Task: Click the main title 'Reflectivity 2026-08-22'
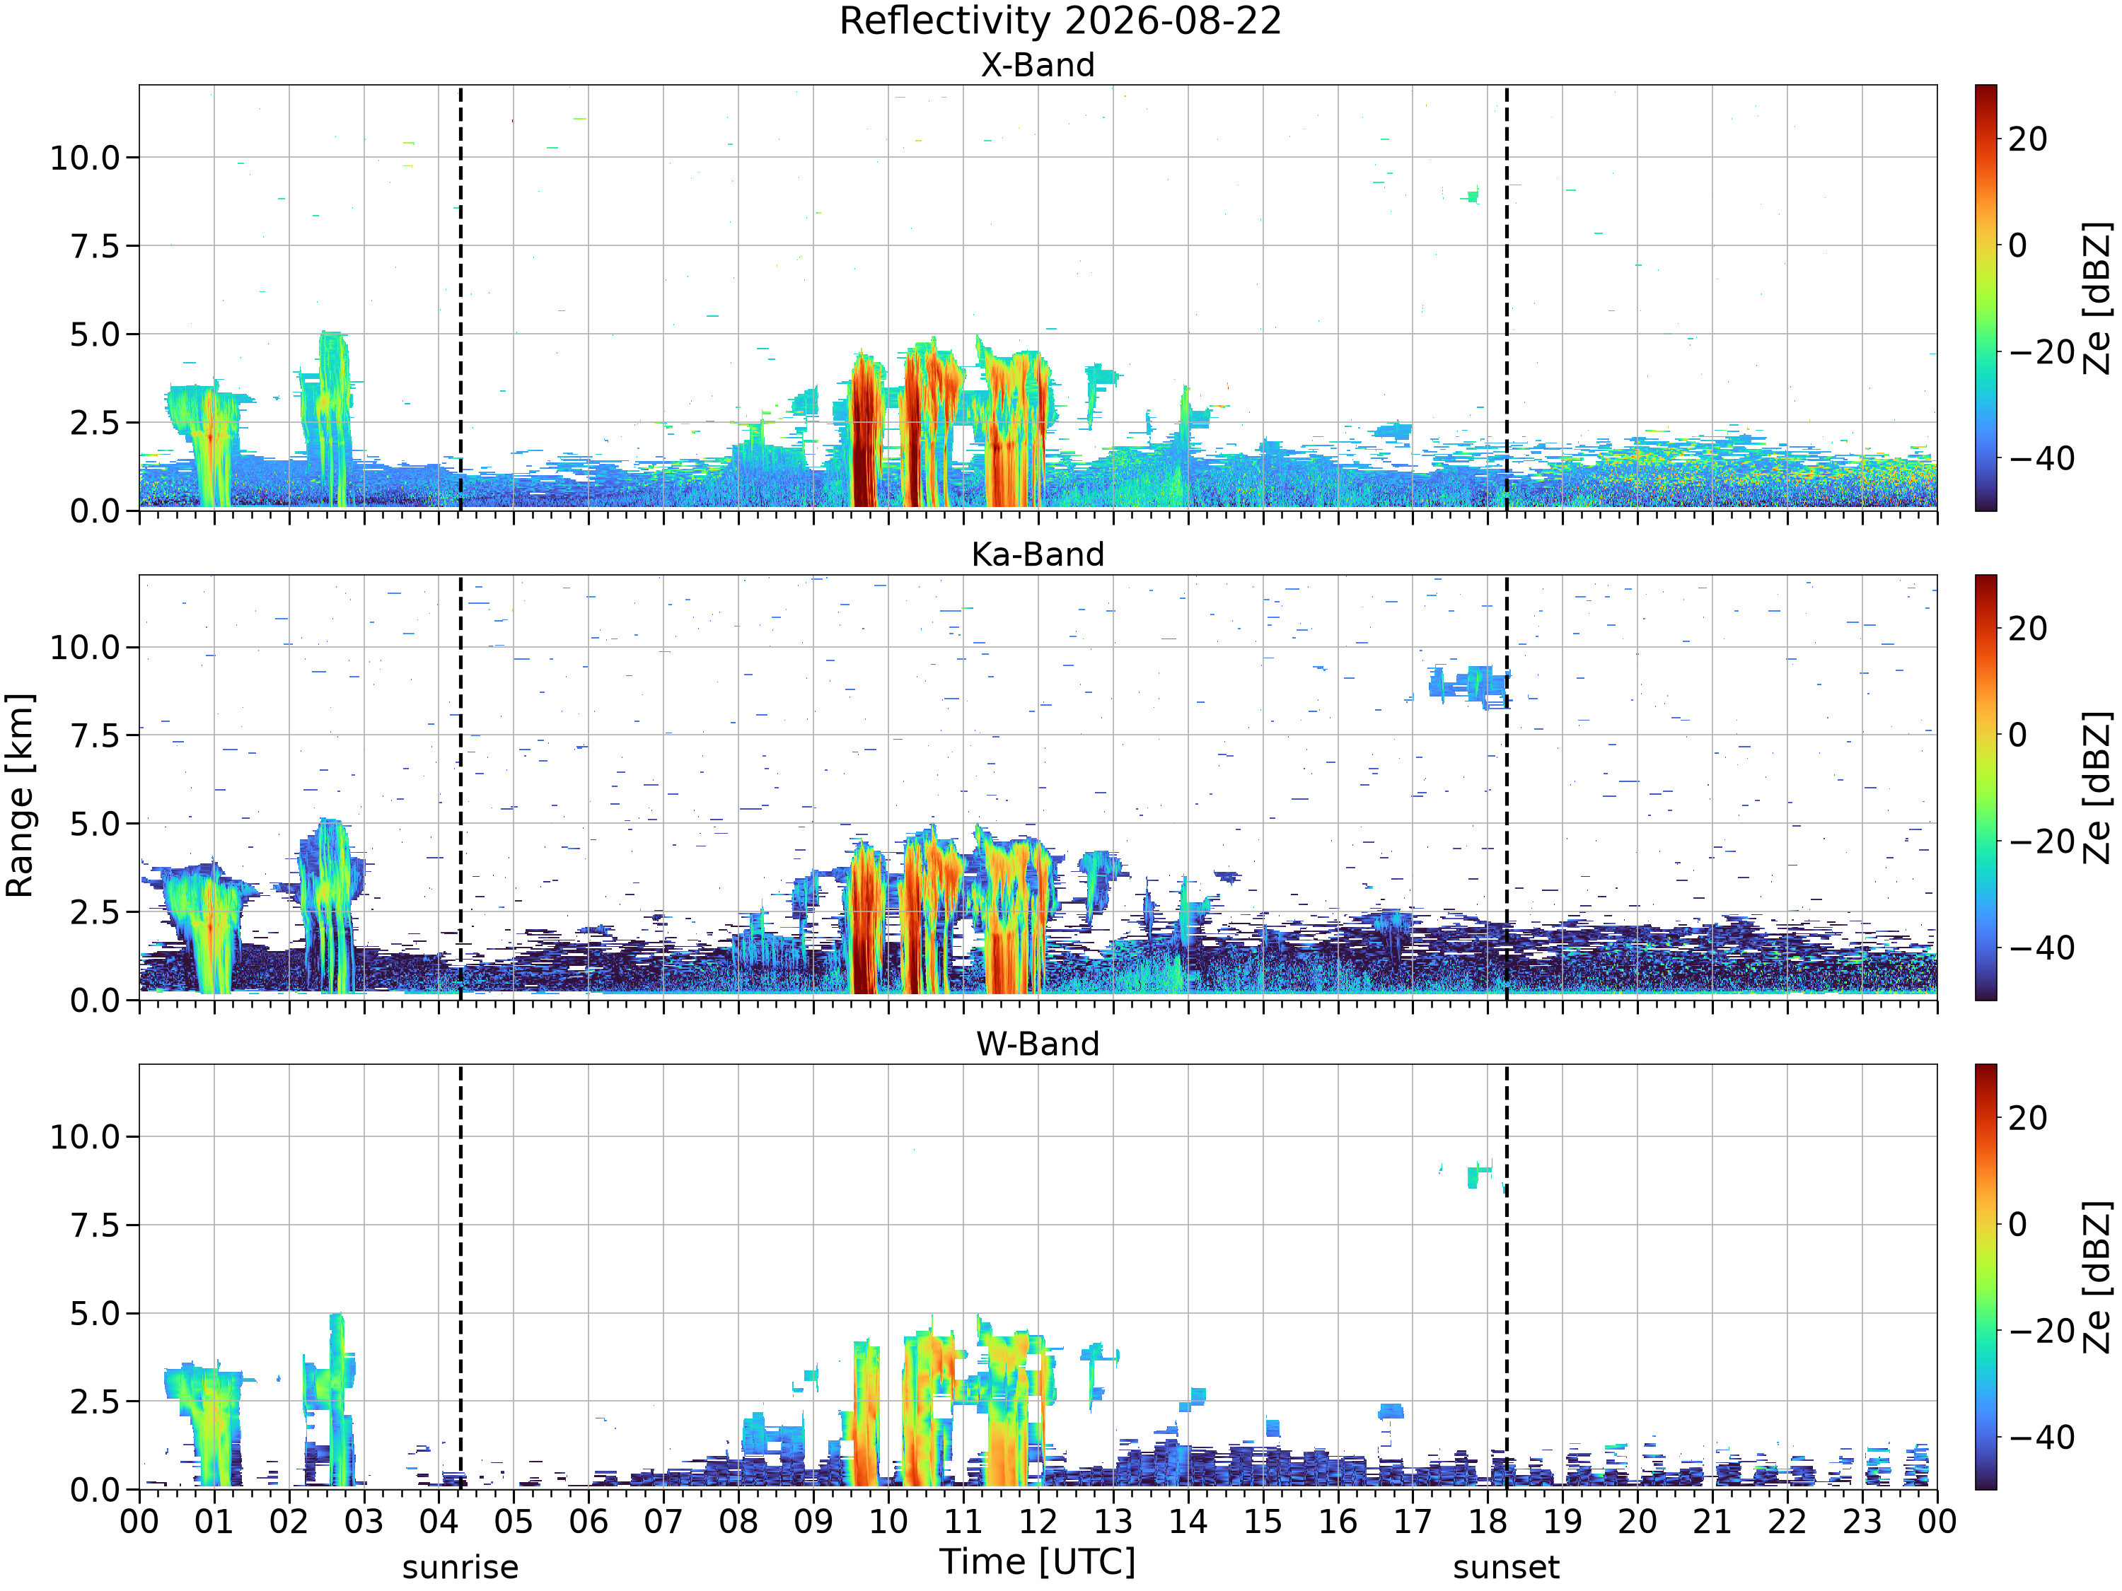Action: [x=1060, y=21]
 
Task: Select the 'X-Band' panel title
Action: [x=1037, y=65]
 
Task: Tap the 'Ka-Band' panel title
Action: [x=1037, y=554]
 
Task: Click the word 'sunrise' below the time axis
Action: [x=460, y=1567]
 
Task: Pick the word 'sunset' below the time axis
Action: [x=1506, y=1567]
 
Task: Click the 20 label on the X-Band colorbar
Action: [x=2027, y=139]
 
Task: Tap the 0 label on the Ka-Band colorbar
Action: [x=2017, y=735]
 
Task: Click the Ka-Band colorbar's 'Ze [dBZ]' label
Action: [x=2097, y=787]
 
